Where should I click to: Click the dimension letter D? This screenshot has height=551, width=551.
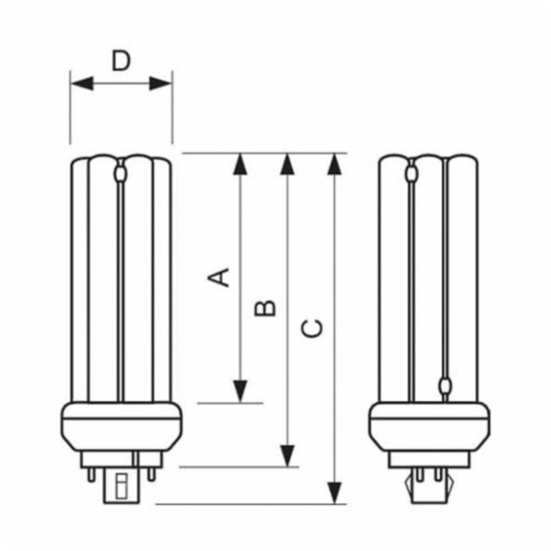point(121,61)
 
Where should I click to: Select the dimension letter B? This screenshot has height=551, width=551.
point(265,308)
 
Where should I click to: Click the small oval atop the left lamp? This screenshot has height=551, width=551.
point(121,175)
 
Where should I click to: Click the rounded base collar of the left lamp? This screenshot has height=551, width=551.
point(121,427)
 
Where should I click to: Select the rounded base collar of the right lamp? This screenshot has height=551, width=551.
point(429,427)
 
